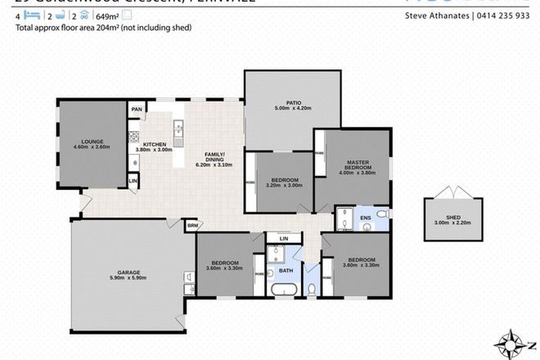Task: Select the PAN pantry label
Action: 137,109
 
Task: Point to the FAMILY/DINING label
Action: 215,156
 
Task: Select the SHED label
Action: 447,214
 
